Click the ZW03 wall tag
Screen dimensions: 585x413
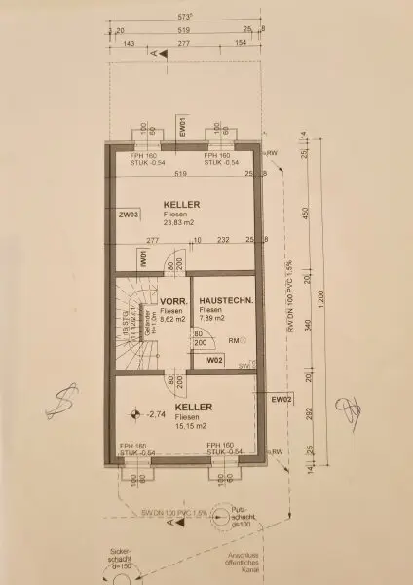pos(127,214)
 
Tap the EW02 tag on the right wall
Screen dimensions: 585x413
pos(281,399)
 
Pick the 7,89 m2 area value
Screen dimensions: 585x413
pos(212,318)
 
